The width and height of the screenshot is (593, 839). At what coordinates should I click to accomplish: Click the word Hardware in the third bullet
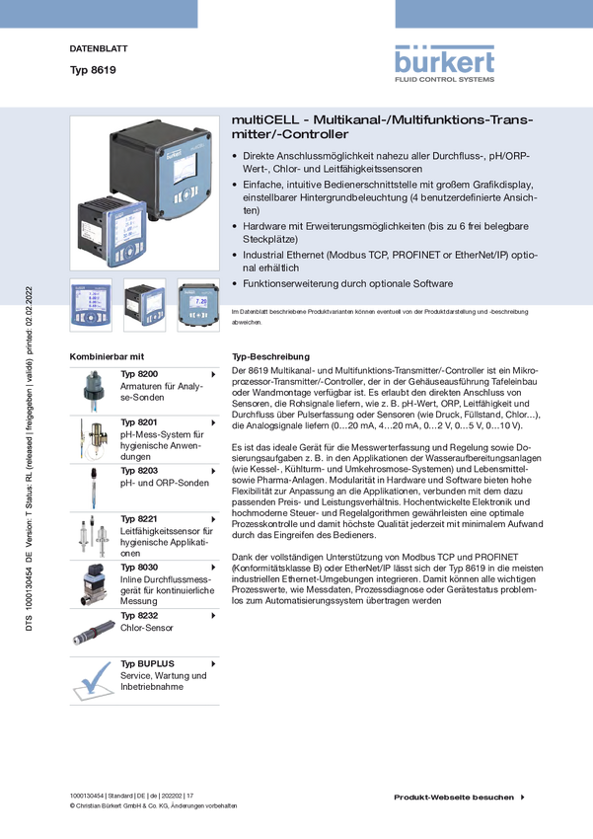point(265,226)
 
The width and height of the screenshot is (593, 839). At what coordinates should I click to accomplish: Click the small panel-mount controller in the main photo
point(111,229)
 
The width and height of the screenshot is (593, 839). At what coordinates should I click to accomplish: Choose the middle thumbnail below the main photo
point(144,305)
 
